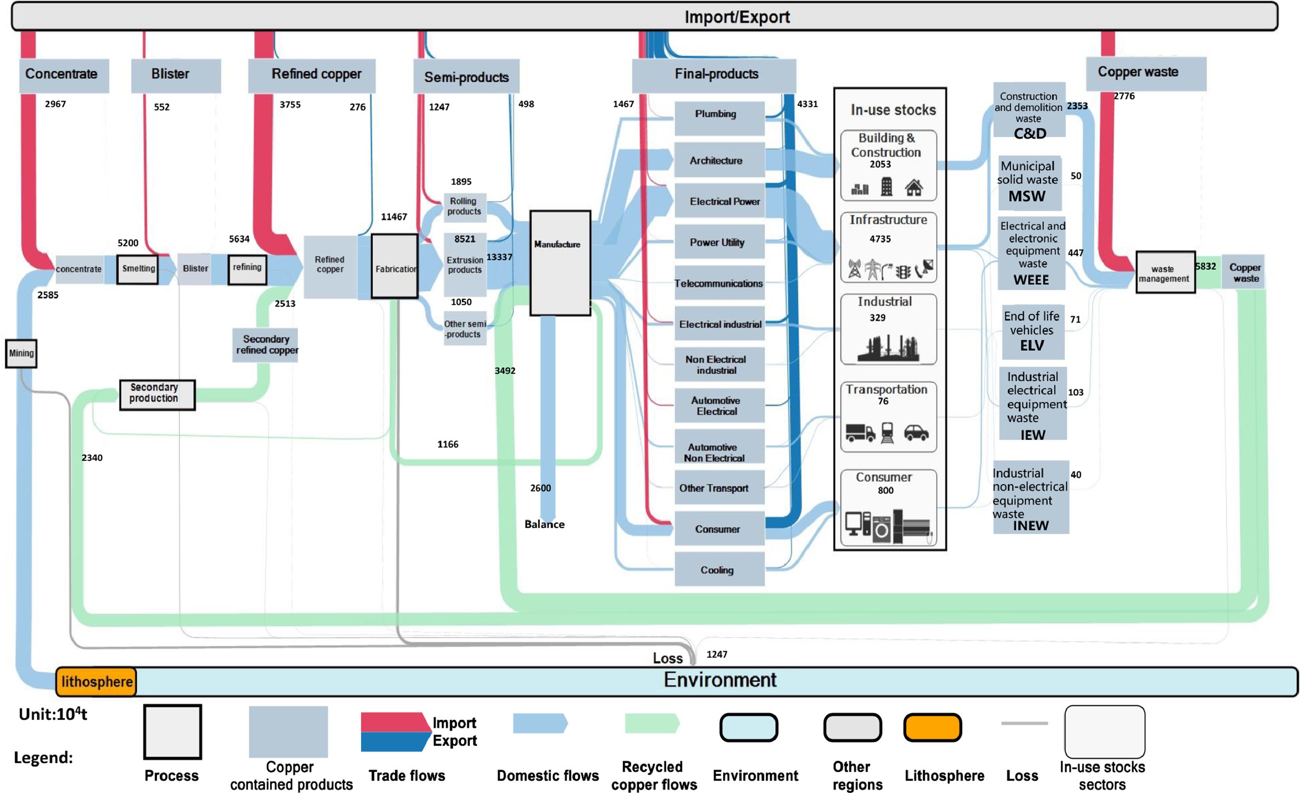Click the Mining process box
21,353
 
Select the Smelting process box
138,269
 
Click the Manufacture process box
560,262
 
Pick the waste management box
1165,273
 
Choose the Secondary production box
157,394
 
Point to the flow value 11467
394,217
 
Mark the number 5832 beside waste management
1206,266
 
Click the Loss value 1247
717,654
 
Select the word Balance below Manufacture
545,524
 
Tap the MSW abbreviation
1027,196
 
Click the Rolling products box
464,206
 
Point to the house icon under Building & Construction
914,187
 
